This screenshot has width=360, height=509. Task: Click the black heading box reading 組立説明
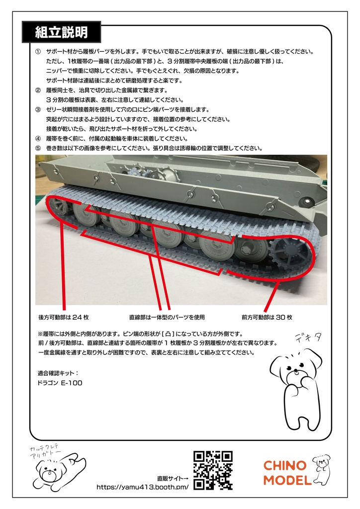(61, 33)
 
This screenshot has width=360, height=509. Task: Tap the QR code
(212, 470)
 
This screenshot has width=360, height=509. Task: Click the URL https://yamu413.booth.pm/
(142, 487)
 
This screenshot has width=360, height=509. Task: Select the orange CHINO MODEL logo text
(284, 473)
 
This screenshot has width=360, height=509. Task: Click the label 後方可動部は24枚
(63, 317)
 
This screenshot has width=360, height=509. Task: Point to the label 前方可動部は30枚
(267, 317)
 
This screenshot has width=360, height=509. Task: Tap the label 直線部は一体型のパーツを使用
(167, 317)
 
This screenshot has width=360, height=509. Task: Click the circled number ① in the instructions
(38, 52)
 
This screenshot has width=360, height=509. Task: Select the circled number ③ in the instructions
(38, 109)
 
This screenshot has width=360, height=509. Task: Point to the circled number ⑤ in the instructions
(38, 148)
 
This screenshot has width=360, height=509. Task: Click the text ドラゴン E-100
(60, 383)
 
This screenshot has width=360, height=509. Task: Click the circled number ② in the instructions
(38, 90)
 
